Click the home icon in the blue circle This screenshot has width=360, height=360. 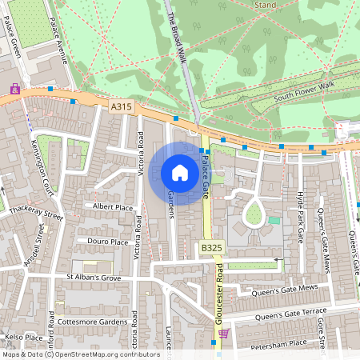pos(180,174)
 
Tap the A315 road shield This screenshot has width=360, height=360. pos(120,106)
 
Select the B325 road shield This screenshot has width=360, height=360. pos(210,250)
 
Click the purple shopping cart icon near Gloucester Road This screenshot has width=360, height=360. pos(224,333)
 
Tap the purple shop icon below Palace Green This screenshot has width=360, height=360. pos(14,89)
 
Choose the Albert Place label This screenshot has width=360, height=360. pos(113,206)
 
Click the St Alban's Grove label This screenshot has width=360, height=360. pos(94,278)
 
